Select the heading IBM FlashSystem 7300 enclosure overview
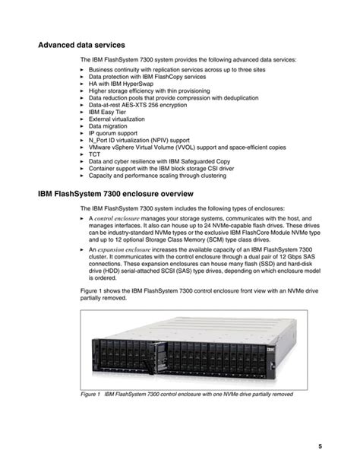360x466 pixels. (x=122, y=195)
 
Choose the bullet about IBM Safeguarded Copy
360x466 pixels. (x=159, y=161)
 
